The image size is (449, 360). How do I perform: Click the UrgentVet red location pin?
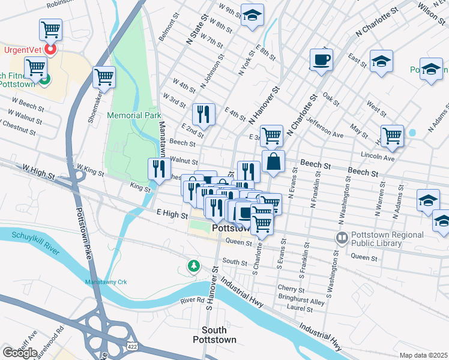coord(50,49)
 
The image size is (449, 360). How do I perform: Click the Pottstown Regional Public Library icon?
coord(342,238)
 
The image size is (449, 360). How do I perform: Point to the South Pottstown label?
coord(214,335)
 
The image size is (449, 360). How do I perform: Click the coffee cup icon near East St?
coord(321,60)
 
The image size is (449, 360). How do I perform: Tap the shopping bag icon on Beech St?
coord(273,161)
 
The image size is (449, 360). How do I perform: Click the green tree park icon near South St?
coord(193,265)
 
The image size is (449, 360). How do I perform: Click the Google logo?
coord(19,353)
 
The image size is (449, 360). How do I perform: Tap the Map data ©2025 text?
coord(423,355)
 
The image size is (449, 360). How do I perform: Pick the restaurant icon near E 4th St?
coord(203,114)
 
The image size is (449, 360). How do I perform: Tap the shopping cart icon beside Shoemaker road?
coord(104,77)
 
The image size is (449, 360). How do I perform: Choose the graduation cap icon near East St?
coord(381,62)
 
